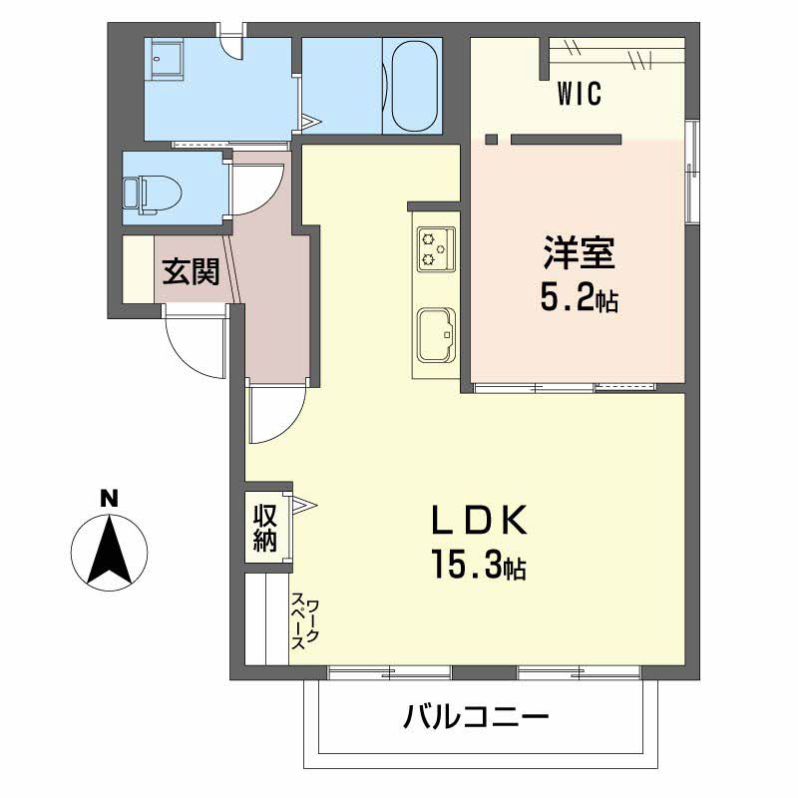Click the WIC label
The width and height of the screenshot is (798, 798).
(580, 94)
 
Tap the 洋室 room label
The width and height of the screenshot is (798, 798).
(580, 253)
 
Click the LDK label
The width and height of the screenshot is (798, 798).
(479, 520)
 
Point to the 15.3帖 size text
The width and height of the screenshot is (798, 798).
(479, 565)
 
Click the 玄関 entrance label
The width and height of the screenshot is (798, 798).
(191, 271)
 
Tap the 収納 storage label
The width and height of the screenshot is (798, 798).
(265, 528)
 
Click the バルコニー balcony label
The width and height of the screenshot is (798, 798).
(477, 717)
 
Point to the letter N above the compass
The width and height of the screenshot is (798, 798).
(109, 498)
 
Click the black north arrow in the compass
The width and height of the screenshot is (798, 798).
(110, 550)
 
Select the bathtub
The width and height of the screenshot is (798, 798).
(415, 86)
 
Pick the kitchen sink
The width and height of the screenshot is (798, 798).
(436, 335)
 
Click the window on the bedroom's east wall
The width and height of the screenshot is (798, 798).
(691, 172)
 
